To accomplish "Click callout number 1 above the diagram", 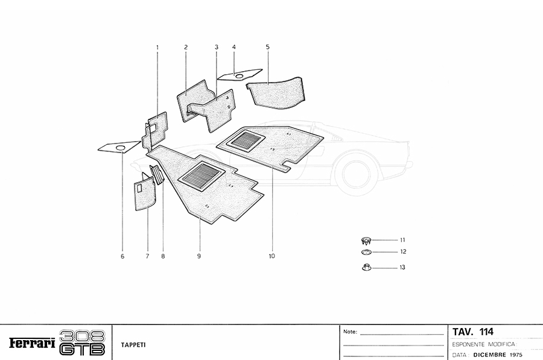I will [x=157, y=47].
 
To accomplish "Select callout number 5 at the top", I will [x=267, y=47].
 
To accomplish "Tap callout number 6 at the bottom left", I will [x=122, y=256].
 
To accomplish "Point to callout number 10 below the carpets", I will [x=272, y=256].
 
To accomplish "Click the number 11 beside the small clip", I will [x=402, y=239].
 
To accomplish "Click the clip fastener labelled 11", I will [x=366, y=239].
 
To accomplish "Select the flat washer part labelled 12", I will [x=366, y=251].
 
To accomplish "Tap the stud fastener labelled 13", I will [x=366, y=267].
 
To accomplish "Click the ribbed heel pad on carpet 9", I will [x=202, y=175].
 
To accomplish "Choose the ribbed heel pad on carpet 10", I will [x=246, y=141].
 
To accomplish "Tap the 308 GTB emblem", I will [x=83, y=343].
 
